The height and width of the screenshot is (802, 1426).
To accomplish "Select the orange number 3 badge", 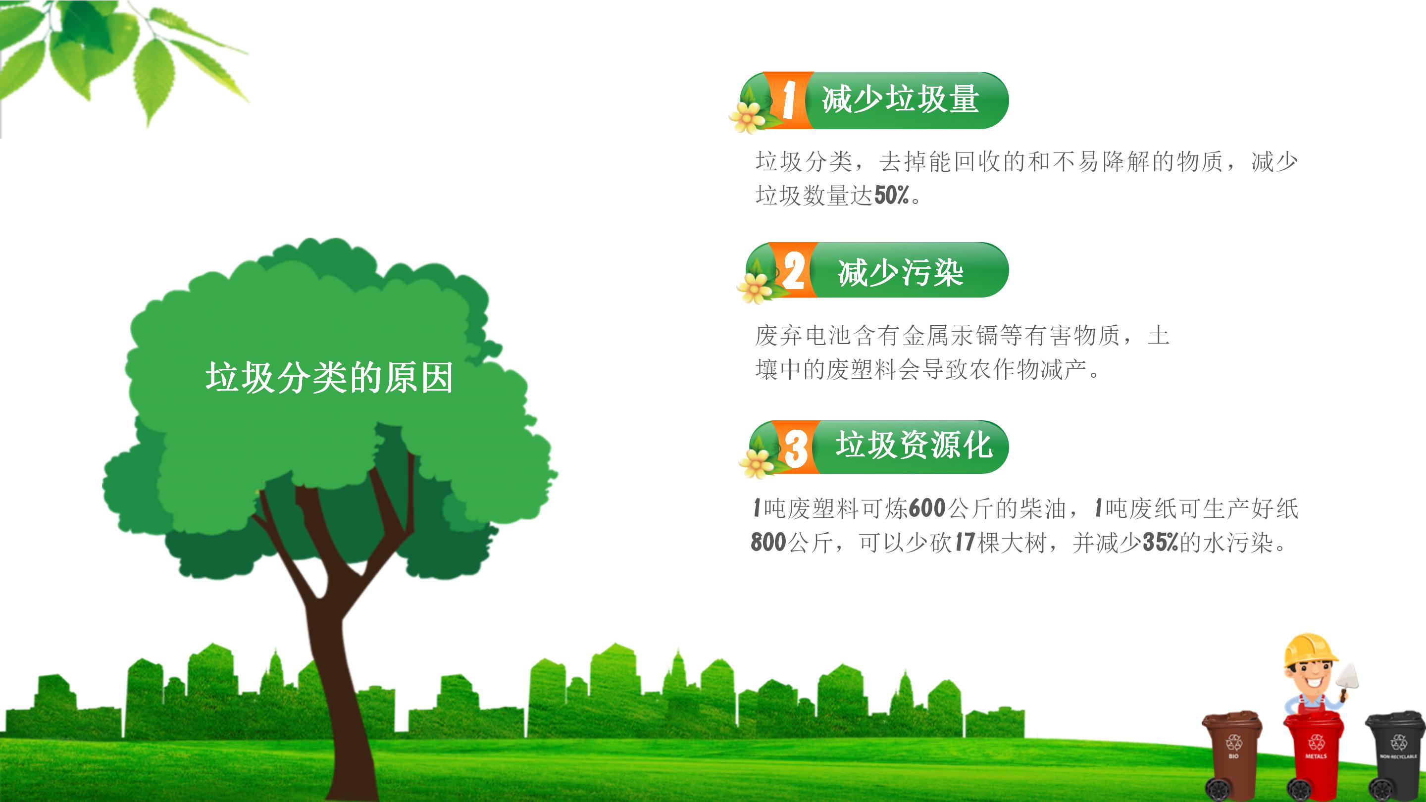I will [x=796, y=447].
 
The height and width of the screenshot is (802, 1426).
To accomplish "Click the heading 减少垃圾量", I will [x=901, y=100].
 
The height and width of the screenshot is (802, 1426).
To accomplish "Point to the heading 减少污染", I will [x=901, y=272].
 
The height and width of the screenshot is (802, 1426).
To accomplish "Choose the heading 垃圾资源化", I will [x=914, y=445].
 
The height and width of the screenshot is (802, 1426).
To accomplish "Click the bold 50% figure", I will [x=892, y=196].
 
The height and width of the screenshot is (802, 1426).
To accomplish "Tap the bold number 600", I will [x=927, y=508].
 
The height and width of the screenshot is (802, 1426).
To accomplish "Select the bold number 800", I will [x=768, y=543].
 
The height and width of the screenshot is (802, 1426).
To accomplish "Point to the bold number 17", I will [x=965, y=543].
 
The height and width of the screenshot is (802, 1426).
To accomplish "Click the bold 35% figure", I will [x=1160, y=543].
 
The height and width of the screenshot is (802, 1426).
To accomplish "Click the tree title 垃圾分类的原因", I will [x=329, y=378].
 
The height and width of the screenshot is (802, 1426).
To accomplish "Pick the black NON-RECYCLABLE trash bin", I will [x=1396, y=755].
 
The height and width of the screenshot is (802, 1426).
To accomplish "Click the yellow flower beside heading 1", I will [x=747, y=117].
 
